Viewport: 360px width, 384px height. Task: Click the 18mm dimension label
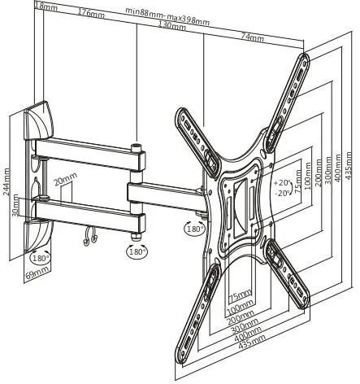(x=46, y=7)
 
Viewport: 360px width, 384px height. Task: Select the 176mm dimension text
(x=91, y=13)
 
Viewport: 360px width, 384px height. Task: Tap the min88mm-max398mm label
(x=167, y=15)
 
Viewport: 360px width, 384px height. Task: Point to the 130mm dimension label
(x=172, y=25)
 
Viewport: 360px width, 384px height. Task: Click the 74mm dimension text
(x=253, y=37)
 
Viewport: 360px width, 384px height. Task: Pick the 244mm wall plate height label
(x=7, y=181)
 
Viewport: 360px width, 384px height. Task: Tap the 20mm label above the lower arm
(x=65, y=179)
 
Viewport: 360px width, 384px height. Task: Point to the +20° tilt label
(x=282, y=183)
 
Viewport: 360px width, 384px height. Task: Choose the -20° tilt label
(x=282, y=194)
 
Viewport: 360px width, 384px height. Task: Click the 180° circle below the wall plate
(x=41, y=257)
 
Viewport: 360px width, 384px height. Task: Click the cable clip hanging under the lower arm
(x=90, y=236)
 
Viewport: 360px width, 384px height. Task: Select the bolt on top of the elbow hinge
(x=136, y=148)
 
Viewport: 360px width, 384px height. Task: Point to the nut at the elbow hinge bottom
(x=136, y=236)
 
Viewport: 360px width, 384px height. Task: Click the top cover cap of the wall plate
(x=38, y=120)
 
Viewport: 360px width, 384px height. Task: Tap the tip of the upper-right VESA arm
(x=304, y=55)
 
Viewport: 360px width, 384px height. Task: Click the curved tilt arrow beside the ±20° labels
(x=293, y=188)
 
